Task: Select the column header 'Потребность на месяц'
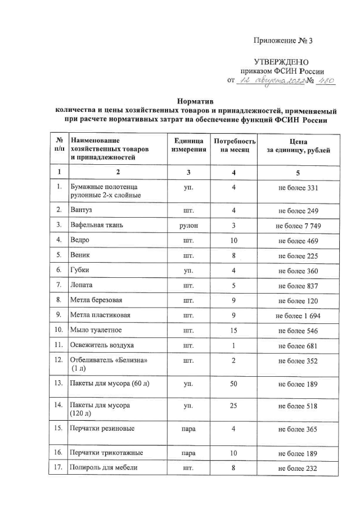(x=232, y=145)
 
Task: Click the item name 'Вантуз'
(x=80, y=210)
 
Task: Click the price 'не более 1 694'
(x=298, y=316)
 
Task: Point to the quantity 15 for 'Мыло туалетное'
(x=233, y=331)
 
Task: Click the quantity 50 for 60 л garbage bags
(x=233, y=384)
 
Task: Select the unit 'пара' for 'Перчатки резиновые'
(x=185, y=429)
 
